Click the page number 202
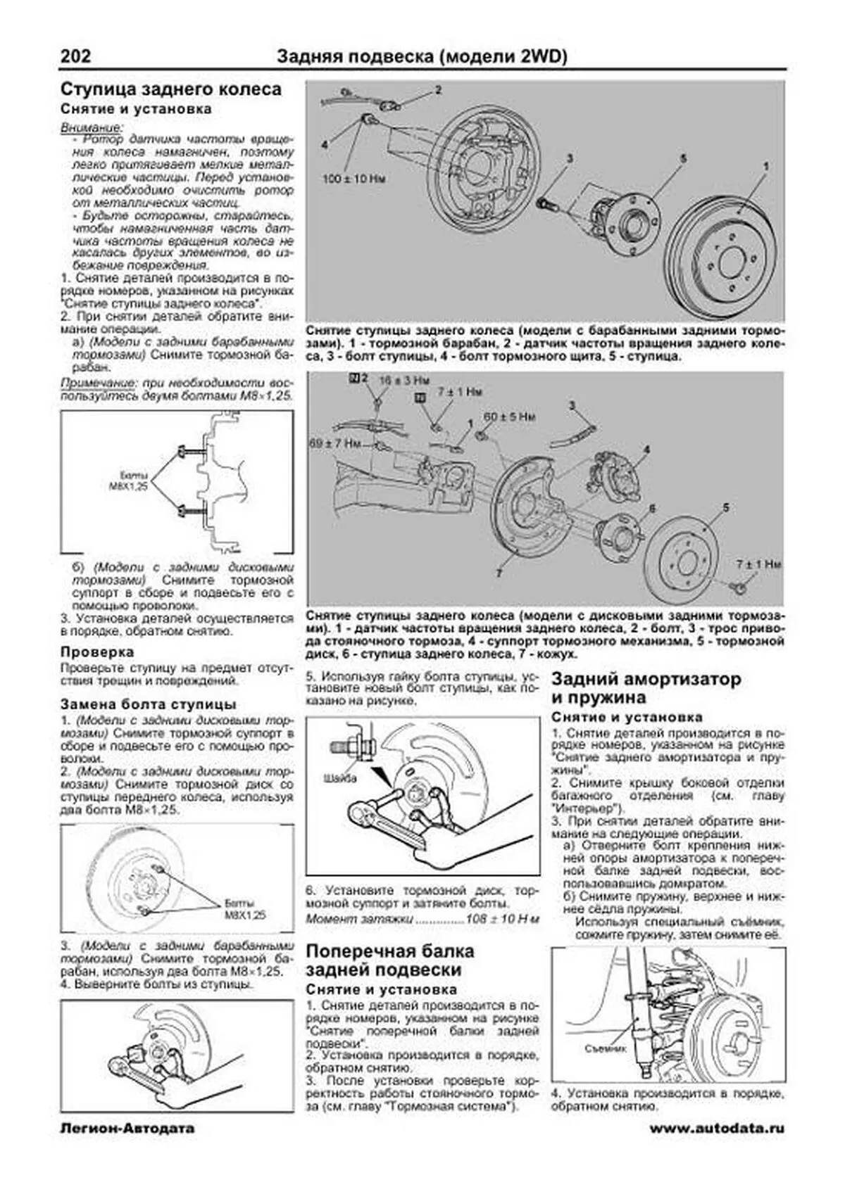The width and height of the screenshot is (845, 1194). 75,56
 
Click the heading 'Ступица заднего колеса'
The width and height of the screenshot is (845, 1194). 171,89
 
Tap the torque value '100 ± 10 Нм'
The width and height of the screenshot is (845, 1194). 354,179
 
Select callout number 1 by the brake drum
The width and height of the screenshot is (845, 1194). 765,166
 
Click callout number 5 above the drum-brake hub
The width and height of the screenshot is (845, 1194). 682,160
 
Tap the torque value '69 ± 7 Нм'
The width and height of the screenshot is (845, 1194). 335,444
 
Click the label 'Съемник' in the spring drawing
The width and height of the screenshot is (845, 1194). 605,1048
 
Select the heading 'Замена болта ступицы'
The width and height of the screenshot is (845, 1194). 148,704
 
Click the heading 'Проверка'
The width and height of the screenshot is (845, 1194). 97,652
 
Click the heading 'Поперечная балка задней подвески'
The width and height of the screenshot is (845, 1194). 389,960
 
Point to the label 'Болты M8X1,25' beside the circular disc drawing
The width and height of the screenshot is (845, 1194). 245,909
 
